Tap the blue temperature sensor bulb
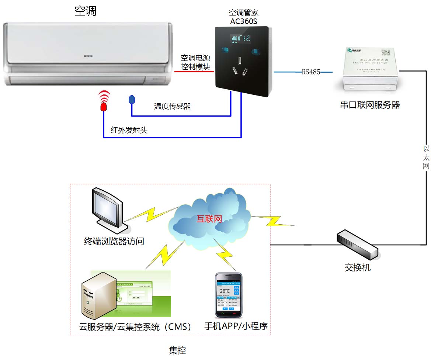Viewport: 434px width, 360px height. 132,100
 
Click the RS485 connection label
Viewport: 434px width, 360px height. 311,72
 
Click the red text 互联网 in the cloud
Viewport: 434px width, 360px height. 209,219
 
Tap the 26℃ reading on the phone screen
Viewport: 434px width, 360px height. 225,291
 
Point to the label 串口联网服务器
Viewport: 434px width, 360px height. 370,105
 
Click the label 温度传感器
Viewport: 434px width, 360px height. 173,107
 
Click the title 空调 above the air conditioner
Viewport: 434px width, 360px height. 86,11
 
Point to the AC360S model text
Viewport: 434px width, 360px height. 243,21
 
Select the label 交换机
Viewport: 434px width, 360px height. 358,267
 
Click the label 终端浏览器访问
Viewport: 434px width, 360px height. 114,242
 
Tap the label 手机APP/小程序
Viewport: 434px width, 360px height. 236,326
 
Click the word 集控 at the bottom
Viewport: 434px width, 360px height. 177,350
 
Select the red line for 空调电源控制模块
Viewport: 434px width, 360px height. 194,72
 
